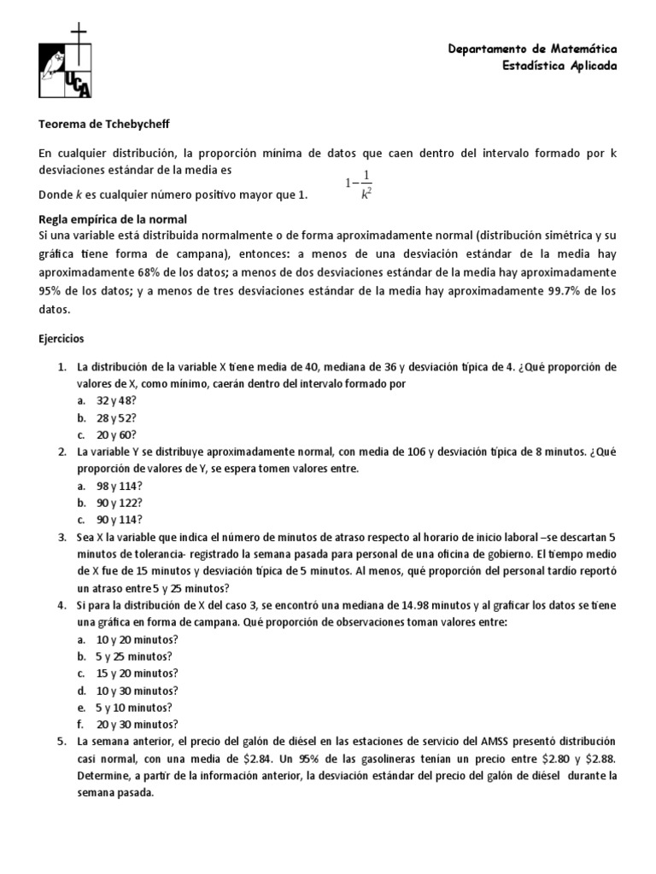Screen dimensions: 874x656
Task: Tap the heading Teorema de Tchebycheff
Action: [x=104, y=124]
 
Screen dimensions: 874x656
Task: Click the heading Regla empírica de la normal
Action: [x=113, y=219]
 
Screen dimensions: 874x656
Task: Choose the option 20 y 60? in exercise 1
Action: [x=117, y=434]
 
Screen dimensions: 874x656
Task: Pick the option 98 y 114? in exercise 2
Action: [x=120, y=486]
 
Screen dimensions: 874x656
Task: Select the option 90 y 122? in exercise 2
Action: [x=120, y=503]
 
